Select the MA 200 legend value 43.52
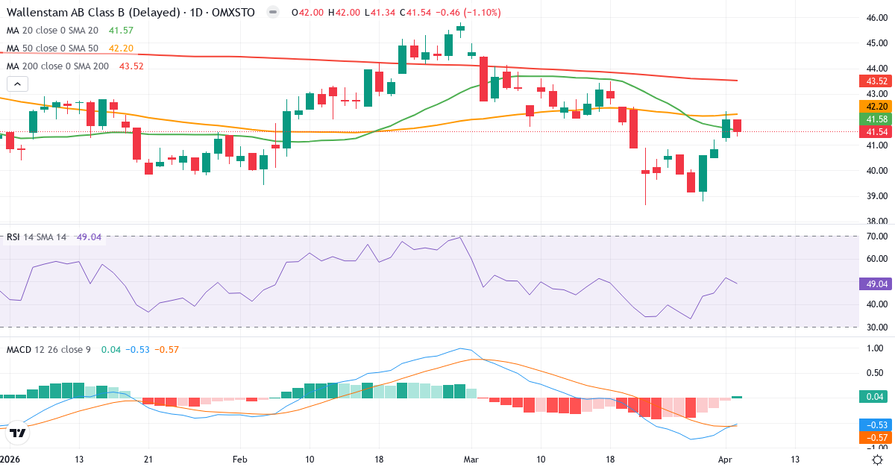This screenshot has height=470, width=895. coord(131,66)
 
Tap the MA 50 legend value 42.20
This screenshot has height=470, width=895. coord(121,48)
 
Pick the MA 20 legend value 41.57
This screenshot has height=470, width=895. coord(120,31)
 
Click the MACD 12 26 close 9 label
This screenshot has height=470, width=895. coord(48,349)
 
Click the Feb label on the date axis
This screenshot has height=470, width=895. coord(240,460)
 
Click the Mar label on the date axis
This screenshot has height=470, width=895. coord(471,460)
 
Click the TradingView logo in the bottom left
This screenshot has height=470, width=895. coord(19,433)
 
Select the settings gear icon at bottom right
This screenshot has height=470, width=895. coord(878,460)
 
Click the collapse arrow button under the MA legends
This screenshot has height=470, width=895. coord(16,84)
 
